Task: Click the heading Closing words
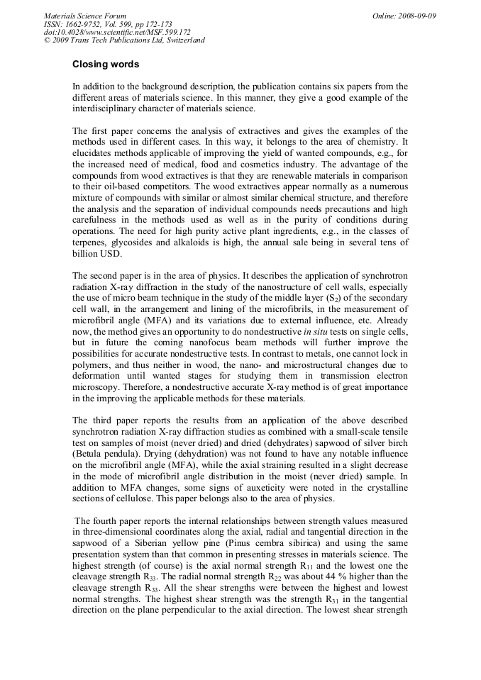tap(106, 65)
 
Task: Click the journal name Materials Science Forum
tap(85, 16)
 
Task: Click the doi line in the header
tap(117, 32)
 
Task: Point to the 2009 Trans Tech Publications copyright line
tap(124, 40)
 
